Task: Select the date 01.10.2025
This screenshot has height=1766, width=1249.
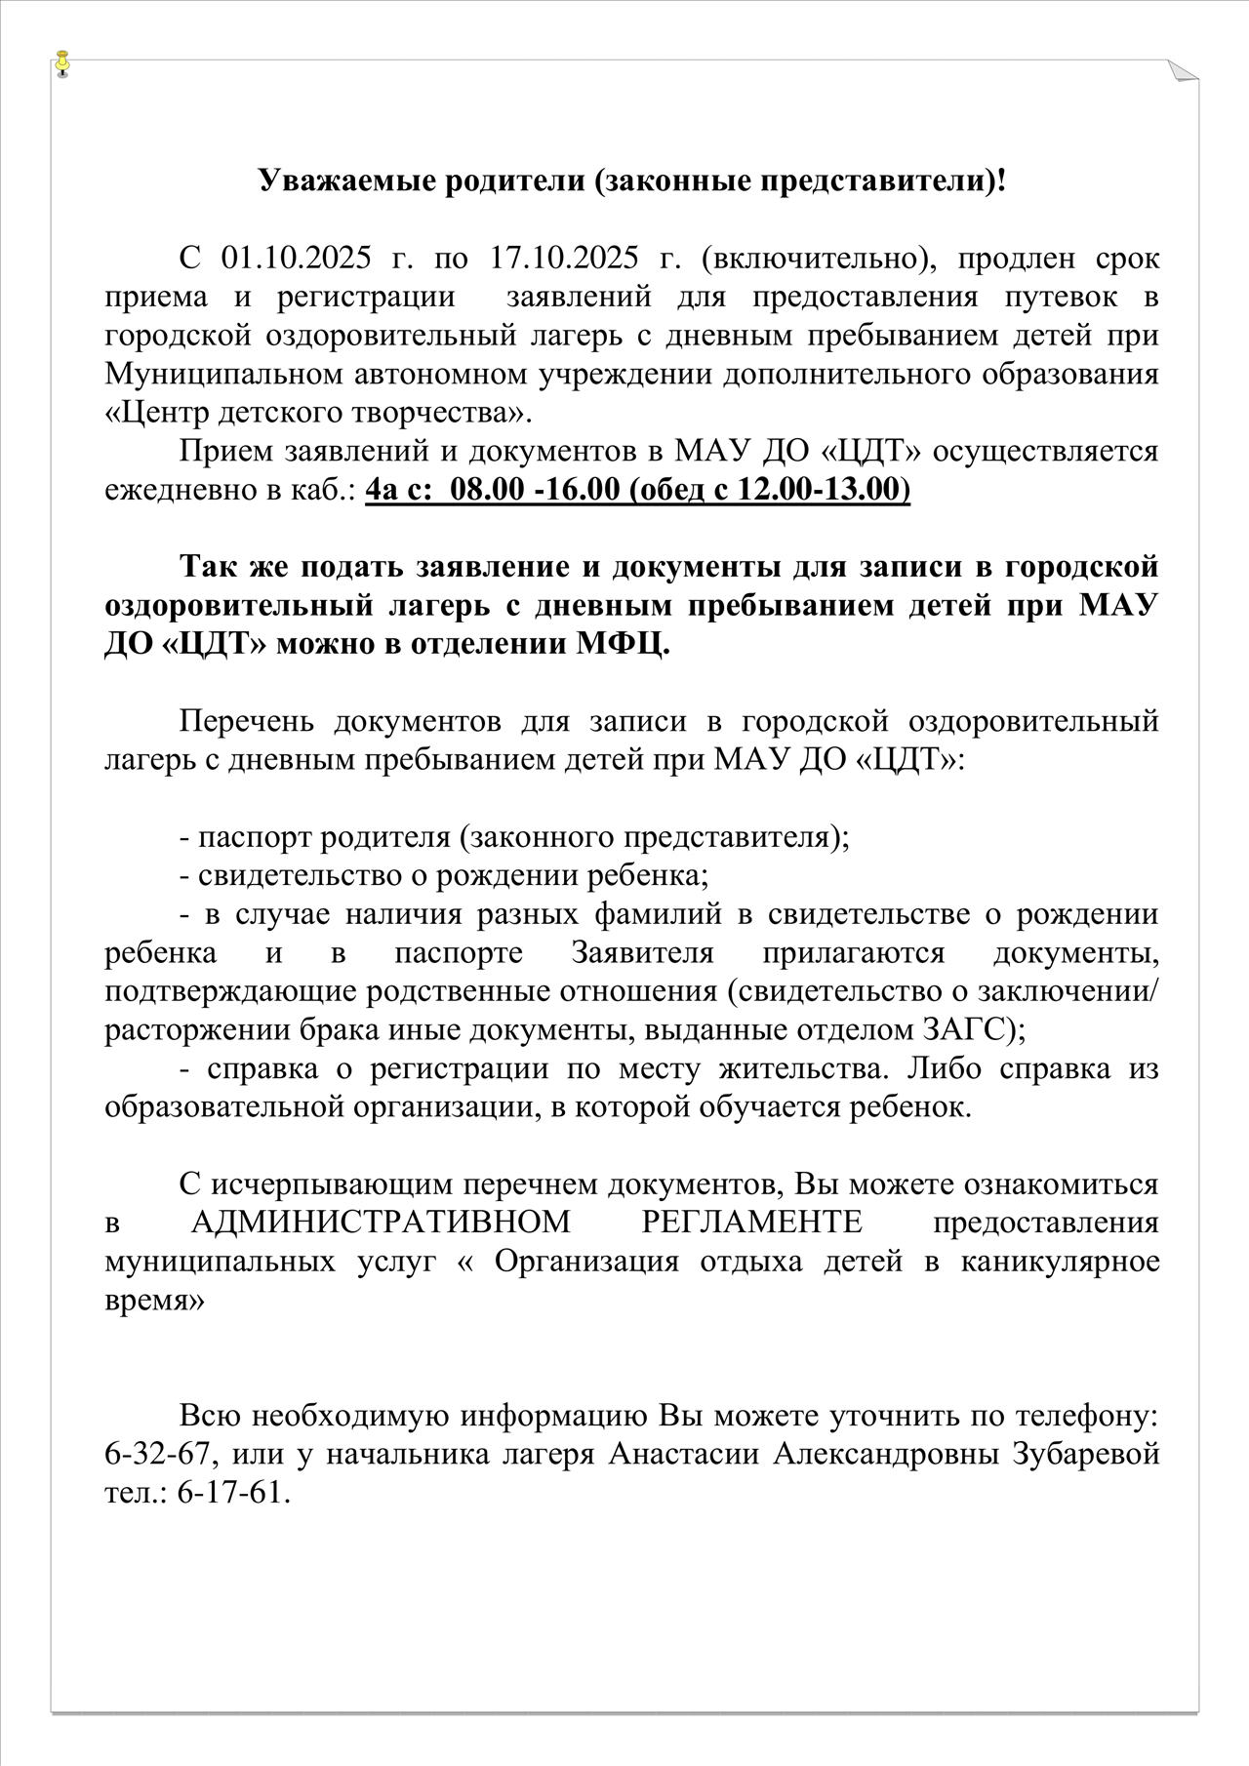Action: pos(297,259)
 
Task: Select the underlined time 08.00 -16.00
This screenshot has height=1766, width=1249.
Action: pos(536,489)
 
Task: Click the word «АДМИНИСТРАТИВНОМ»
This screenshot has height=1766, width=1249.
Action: pos(381,1222)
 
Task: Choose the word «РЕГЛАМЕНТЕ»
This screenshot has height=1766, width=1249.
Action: pos(752,1222)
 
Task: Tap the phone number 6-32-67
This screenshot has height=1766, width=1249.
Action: pos(157,1453)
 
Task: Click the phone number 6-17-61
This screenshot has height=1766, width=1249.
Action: pos(234,1492)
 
